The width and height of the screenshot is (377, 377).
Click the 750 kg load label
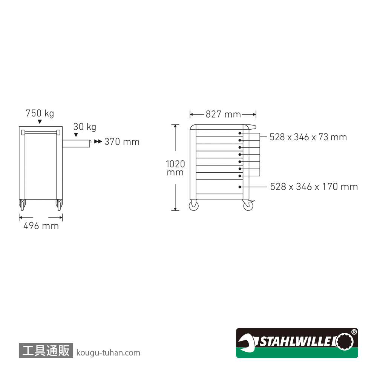click(x=40, y=113)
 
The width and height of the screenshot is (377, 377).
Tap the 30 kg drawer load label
click(x=84, y=127)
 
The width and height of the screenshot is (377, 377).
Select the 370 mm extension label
click(x=122, y=142)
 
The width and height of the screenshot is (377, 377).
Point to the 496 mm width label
click(x=41, y=226)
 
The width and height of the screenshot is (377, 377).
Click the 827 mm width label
click(x=223, y=114)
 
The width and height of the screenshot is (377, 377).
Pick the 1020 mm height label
click(x=175, y=168)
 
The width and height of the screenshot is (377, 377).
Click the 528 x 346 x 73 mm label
click(x=308, y=137)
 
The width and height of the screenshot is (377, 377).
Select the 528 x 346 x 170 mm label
click(x=314, y=187)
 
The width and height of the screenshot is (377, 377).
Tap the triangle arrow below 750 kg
click(x=40, y=122)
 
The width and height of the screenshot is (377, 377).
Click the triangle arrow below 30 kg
click(x=76, y=135)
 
